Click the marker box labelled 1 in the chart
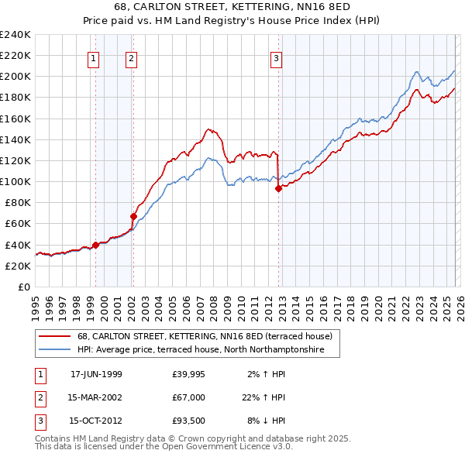94,57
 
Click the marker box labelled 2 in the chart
131,57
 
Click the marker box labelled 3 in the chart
276,57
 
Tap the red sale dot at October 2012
278,188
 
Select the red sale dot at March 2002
133,216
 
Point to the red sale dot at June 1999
96,245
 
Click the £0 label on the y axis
23,287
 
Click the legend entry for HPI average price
208,351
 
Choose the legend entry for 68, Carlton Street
205,337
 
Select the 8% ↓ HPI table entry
264,421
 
